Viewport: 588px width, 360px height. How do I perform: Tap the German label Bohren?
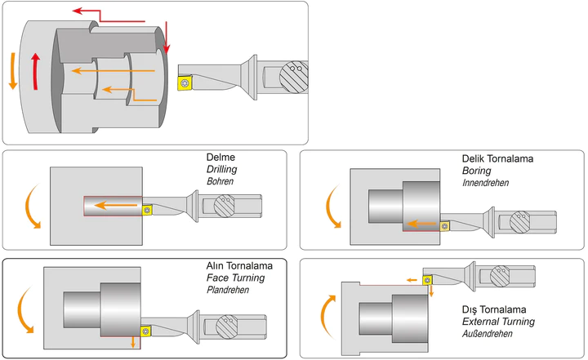tap(219, 180)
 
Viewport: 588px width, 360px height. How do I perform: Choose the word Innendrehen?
tap(485, 182)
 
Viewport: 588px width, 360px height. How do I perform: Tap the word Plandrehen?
tap(229, 289)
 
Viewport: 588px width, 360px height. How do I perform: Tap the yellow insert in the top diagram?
tap(185, 81)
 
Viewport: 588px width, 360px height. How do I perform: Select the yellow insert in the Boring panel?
tap(446, 224)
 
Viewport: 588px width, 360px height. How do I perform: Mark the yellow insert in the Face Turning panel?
tap(146, 330)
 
